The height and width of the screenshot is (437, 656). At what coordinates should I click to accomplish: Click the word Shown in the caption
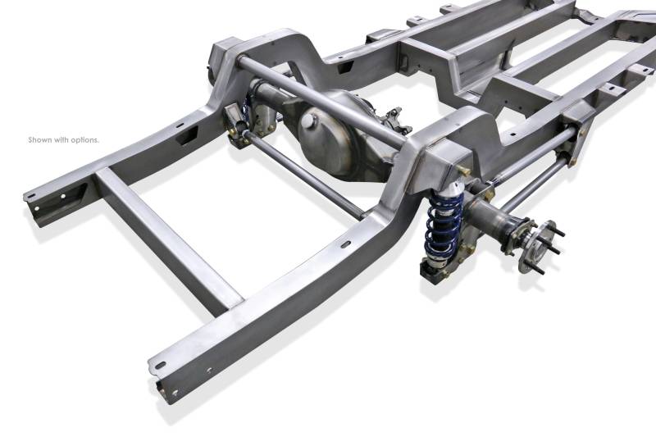[x=39, y=139]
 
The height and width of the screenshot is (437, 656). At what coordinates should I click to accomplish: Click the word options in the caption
[x=85, y=140]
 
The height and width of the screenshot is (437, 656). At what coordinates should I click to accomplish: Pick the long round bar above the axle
[x=321, y=100]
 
